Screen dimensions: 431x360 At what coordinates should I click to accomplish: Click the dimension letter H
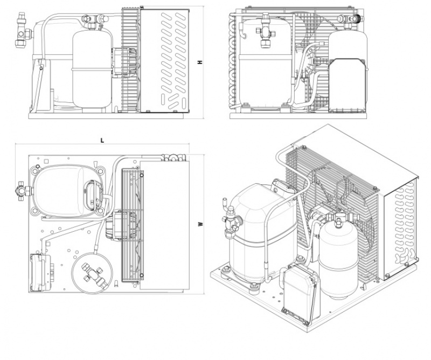(200, 62)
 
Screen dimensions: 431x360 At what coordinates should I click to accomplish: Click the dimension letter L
(102, 141)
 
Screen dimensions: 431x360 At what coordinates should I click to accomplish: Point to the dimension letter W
(200, 224)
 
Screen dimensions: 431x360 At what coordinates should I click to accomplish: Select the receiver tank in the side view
(92, 69)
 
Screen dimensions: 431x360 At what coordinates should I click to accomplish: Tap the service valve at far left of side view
(23, 30)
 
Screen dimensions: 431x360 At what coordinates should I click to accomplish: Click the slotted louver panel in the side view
(164, 60)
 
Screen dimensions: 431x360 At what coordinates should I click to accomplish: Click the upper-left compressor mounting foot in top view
(36, 171)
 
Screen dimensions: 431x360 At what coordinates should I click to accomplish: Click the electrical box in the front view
(347, 85)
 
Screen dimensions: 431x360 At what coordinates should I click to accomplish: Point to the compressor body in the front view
(265, 63)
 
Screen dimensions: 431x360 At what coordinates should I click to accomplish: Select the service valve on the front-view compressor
(266, 31)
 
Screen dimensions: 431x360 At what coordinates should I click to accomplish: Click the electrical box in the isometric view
(300, 292)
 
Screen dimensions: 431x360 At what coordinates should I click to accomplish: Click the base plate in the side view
(106, 116)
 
